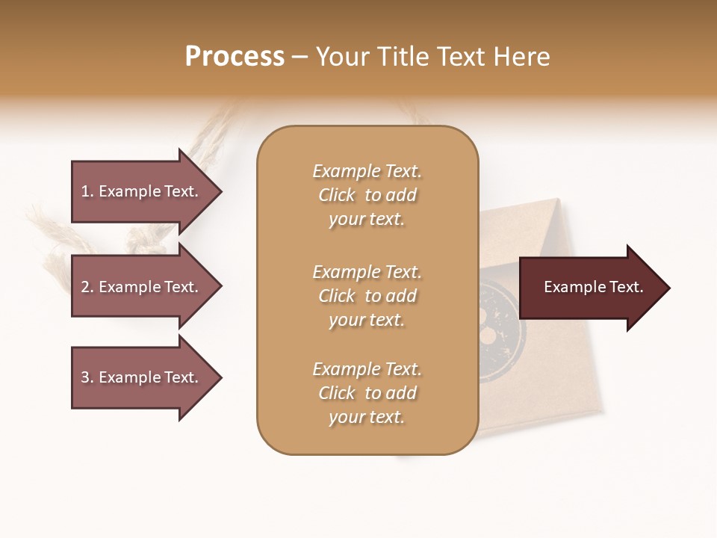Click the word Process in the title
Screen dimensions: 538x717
[x=235, y=57]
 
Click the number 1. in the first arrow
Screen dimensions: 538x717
[x=87, y=192]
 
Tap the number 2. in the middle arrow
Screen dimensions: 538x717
[x=87, y=287]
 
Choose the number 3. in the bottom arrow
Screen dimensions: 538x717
[x=87, y=377]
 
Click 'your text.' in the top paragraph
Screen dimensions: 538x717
[x=367, y=220]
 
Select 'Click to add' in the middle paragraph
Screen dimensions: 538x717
[x=367, y=296]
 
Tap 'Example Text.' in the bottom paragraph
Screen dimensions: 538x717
[x=367, y=369]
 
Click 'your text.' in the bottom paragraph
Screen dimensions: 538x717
[x=367, y=418]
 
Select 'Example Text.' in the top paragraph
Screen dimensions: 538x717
[x=367, y=171]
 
